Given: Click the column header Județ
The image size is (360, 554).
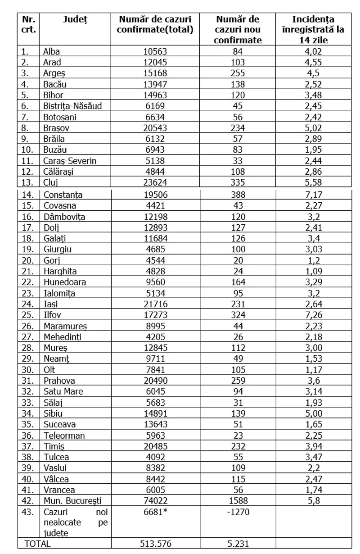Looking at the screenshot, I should pyautogui.click(x=75, y=19).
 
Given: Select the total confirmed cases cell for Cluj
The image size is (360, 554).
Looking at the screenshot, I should pyautogui.click(x=154, y=182).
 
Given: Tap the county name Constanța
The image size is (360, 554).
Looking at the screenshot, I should pyautogui.click(x=63, y=195).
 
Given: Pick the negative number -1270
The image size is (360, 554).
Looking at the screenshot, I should pyautogui.click(x=238, y=512).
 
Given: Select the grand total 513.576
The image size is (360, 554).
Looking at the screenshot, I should pyautogui.click(x=154, y=544).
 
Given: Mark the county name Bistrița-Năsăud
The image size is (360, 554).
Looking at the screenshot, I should pyautogui.click(x=72, y=106).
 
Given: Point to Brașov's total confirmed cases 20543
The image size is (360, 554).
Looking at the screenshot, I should pyautogui.click(x=154, y=128).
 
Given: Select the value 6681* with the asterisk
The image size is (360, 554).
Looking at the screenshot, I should pyautogui.click(x=156, y=512).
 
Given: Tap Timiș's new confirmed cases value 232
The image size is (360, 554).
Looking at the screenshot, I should pyautogui.click(x=238, y=446).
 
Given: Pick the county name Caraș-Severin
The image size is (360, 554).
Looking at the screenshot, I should pyautogui.click(x=70, y=161).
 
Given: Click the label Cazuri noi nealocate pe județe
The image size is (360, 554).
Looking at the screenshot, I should pyautogui.click(x=76, y=522).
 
